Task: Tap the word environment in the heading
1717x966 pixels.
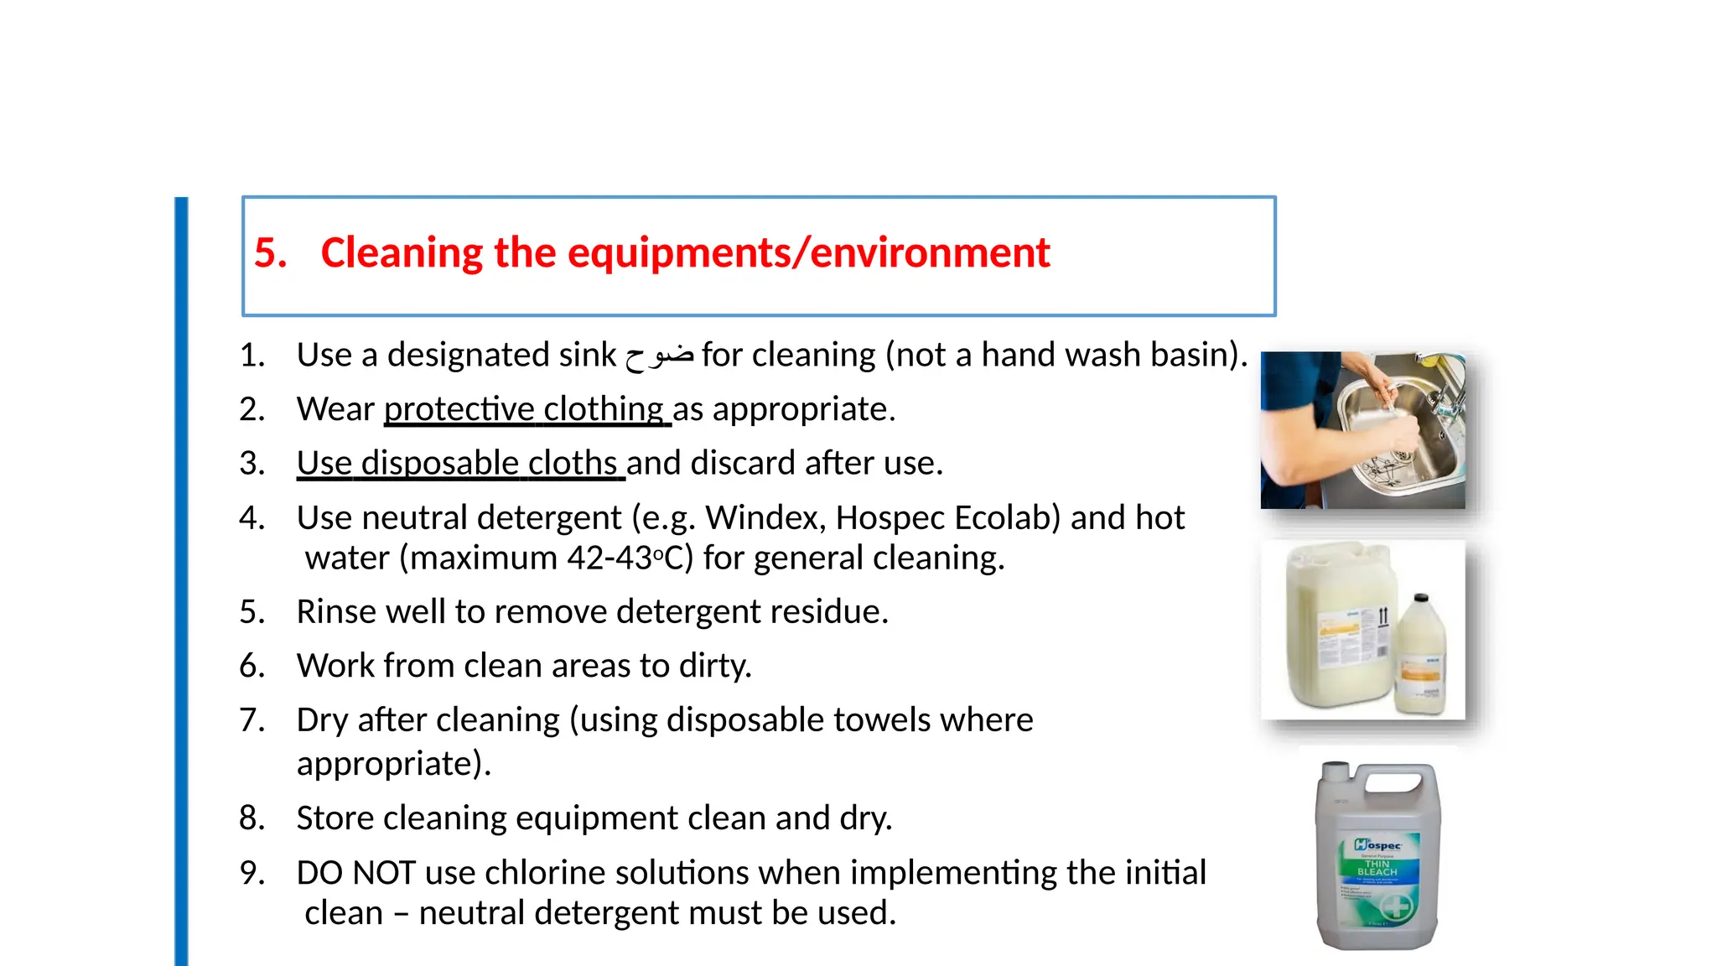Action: point(930,253)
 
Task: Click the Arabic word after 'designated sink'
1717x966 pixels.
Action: point(659,356)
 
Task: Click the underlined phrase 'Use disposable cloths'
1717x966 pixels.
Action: point(459,464)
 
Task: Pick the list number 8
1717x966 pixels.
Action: point(251,818)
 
